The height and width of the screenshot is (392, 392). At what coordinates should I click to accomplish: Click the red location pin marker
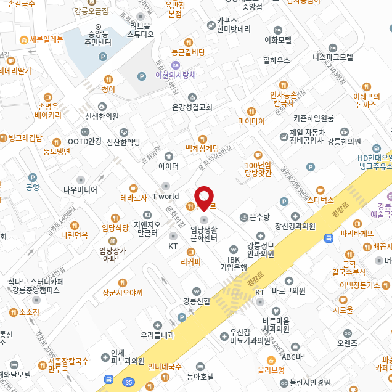204,198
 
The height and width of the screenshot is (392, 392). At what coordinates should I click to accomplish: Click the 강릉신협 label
196,301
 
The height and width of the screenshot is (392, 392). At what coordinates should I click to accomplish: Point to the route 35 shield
128,382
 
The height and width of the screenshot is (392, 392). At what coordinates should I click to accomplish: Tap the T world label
165,196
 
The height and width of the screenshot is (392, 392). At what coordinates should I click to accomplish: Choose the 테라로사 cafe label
133,198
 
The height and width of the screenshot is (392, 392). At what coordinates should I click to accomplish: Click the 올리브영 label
271,370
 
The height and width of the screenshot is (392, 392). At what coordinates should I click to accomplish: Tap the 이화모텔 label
277,39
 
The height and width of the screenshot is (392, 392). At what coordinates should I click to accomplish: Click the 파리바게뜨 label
357,233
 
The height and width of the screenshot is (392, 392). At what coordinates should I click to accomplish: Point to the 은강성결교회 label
192,107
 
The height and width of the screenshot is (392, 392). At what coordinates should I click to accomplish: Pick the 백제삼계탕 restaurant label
202,148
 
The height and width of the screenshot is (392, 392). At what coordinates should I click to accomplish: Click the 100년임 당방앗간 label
258,169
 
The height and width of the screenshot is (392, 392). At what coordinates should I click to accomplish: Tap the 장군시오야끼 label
123,292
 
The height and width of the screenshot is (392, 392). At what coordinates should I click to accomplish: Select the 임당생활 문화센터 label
204,233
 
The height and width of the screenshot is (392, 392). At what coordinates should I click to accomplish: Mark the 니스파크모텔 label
333,57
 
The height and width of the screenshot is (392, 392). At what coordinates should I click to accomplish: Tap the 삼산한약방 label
123,142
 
